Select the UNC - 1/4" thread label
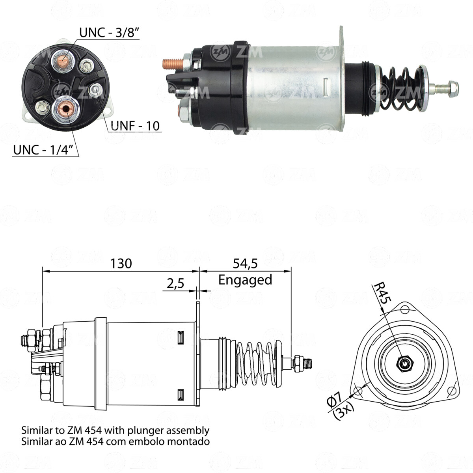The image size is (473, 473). tap(44, 150)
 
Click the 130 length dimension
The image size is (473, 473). tap(121, 263)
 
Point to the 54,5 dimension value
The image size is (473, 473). tap(245, 263)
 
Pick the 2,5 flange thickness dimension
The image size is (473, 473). tap(175, 284)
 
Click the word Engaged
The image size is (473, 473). tap(245, 280)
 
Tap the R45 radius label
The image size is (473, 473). tap(381, 293)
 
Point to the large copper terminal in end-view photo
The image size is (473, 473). tap(65, 110)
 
